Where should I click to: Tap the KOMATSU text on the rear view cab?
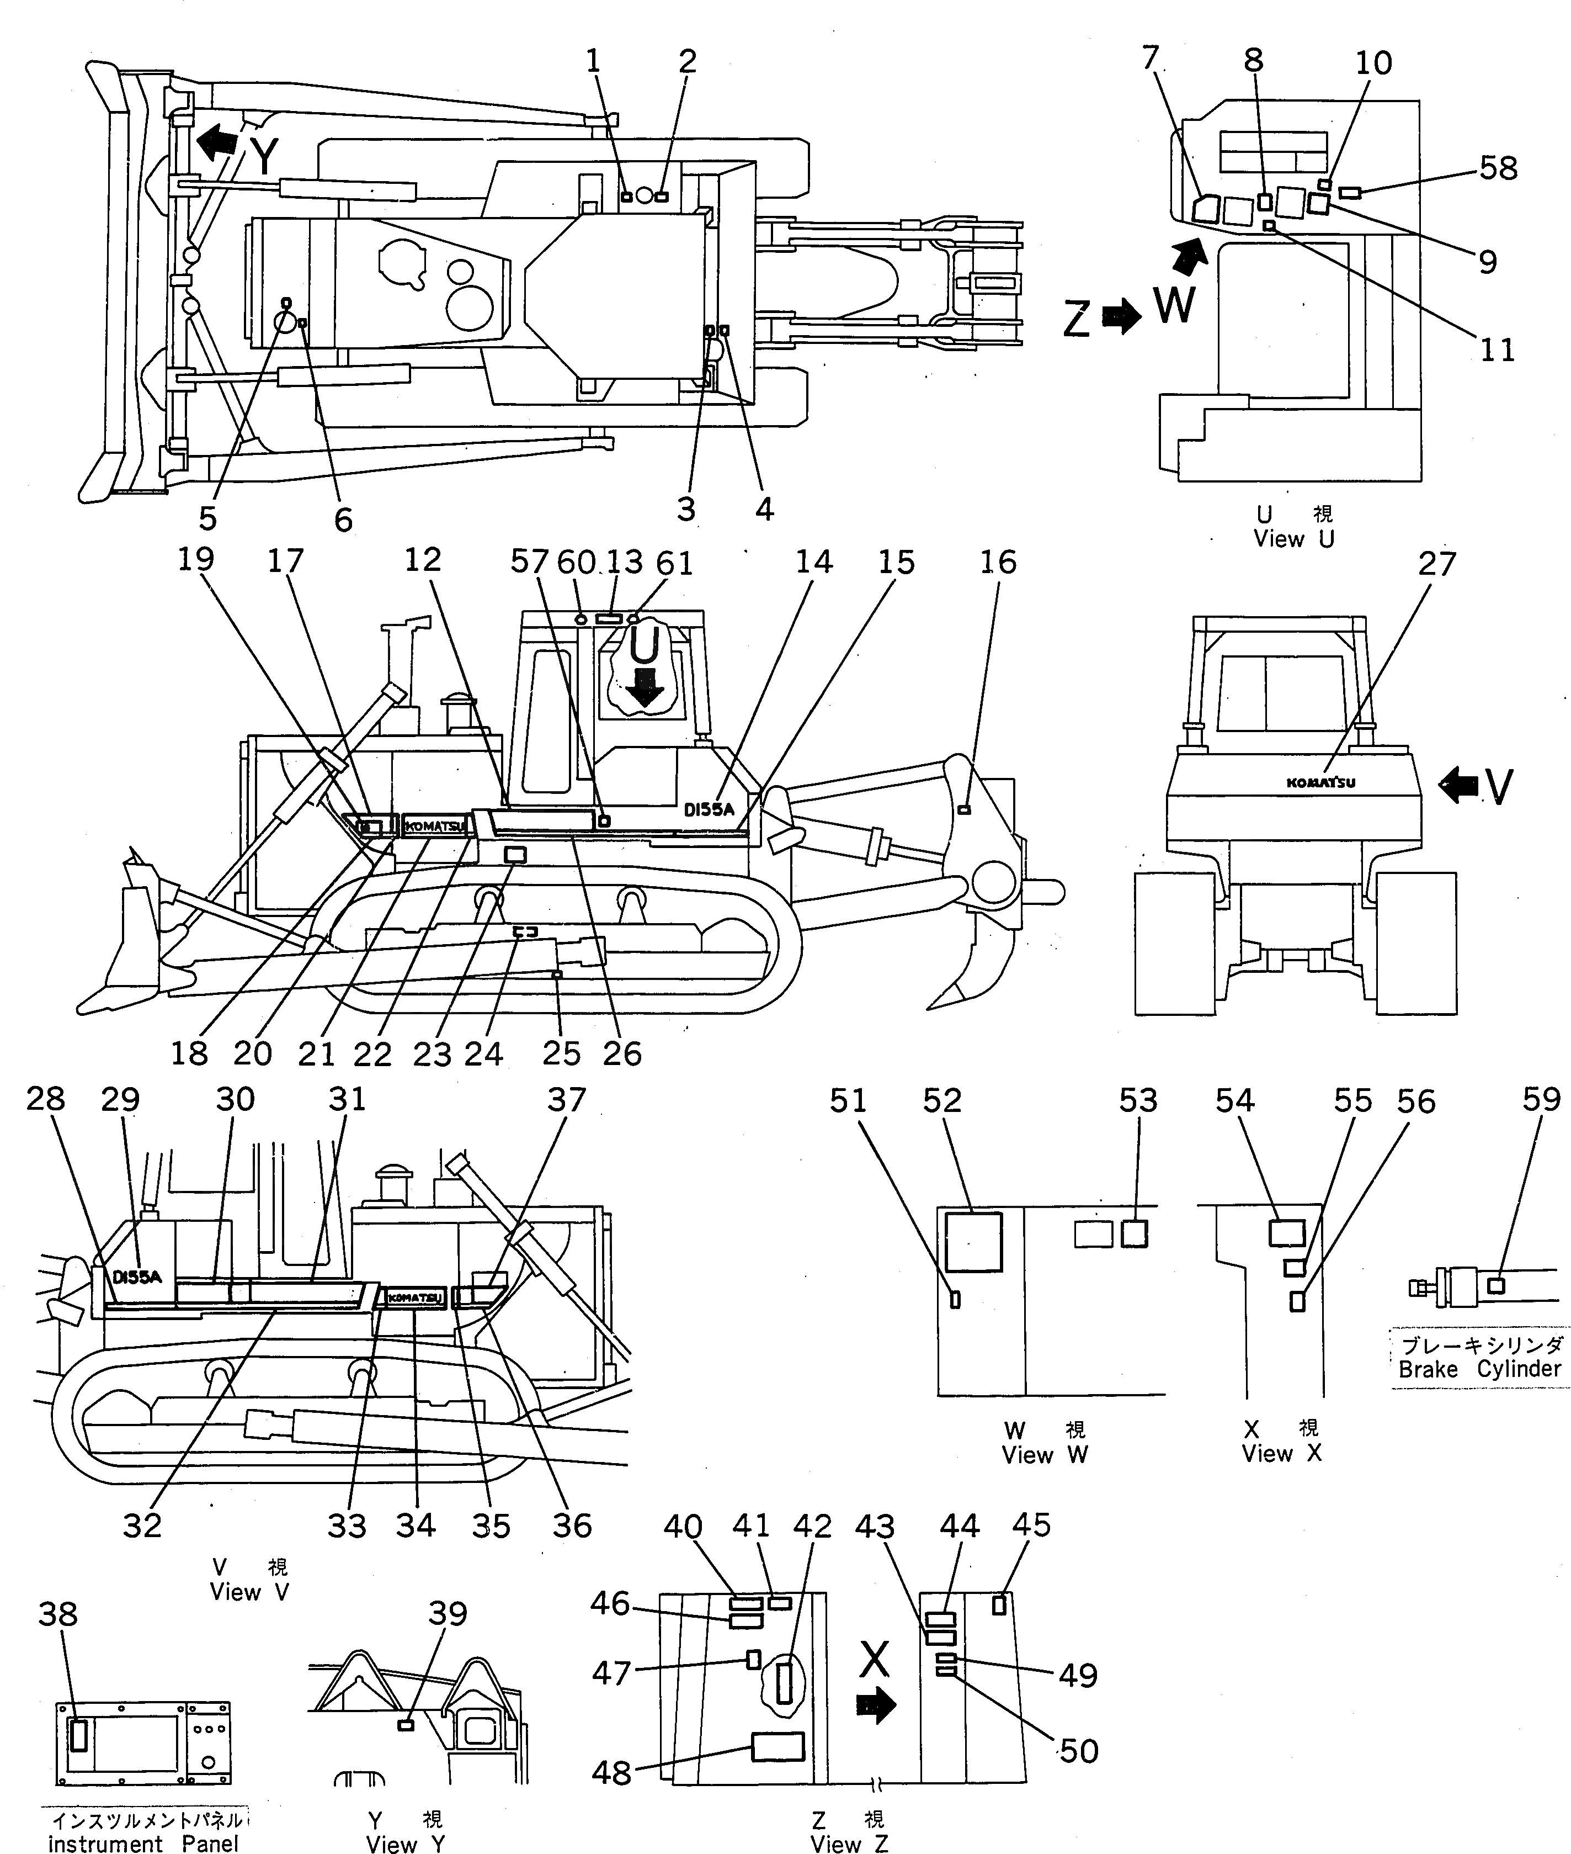point(1320,783)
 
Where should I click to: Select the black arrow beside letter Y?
point(218,140)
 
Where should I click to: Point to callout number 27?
point(1436,563)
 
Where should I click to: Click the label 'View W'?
point(1044,1456)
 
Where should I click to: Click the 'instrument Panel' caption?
point(142,1844)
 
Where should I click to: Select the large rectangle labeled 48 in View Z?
point(777,1747)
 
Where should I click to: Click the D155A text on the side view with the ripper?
point(709,810)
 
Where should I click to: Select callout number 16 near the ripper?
point(998,562)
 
